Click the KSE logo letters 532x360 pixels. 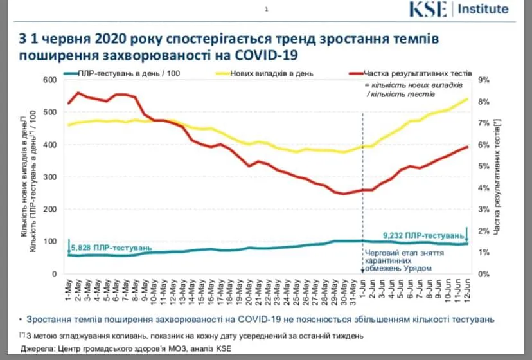click(x=432, y=10)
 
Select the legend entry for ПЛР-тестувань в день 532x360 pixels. click(x=129, y=73)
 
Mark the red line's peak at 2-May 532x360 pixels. click(x=78, y=93)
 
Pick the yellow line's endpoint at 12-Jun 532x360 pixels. click(x=466, y=98)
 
